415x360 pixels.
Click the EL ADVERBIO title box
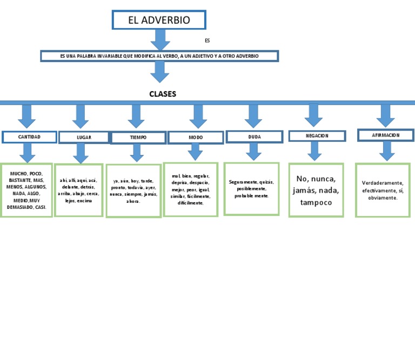[x=159, y=20]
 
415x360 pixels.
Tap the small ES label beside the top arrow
[x=207, y=40]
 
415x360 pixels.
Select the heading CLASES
[x=163, y=94]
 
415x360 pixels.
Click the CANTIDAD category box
[x=29, y=137]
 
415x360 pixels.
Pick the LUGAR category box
[x=84, y=137]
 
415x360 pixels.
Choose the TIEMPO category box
[x=138, y=138]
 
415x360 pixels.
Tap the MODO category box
[x=196, y=138]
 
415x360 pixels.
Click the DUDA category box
[x=254, y=137]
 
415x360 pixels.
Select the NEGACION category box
[x=317, y=135]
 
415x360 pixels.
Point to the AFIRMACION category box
[x=386, y=135]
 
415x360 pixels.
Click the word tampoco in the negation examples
[x=316, y=203]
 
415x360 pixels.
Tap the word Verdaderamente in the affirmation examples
[x=383, y=183]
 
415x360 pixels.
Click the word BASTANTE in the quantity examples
[x=20, y=180]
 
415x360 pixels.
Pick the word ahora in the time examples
[x=133, y=201]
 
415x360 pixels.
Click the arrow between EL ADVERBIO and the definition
[x=160, y=39]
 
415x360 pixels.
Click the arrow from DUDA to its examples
[x=253, y=152]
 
